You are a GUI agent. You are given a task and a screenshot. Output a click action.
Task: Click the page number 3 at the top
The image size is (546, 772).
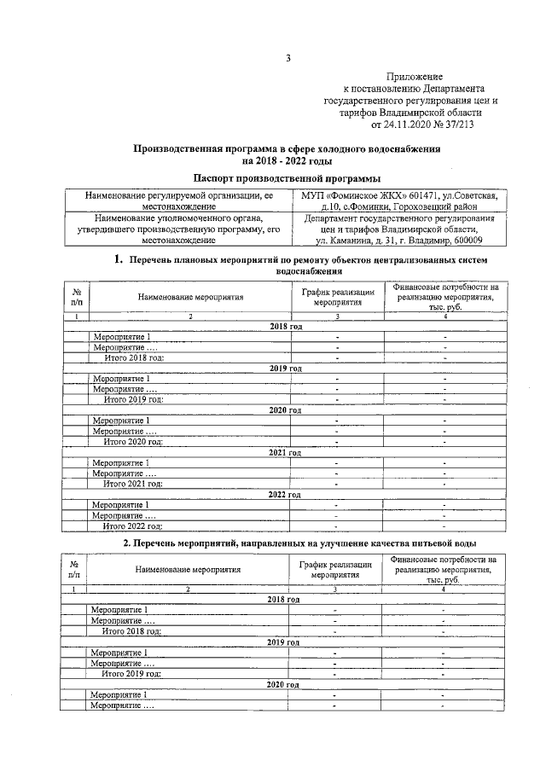click(288, 59)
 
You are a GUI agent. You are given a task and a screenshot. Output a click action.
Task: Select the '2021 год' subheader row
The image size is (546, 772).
click(285, 451)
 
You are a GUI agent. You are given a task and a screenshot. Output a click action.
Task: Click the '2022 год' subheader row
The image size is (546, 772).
click(285, 494)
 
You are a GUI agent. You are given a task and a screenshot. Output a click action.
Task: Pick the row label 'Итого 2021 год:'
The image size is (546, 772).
click(132, 484)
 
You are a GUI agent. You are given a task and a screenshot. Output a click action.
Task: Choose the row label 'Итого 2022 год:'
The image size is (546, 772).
click(132, 526)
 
